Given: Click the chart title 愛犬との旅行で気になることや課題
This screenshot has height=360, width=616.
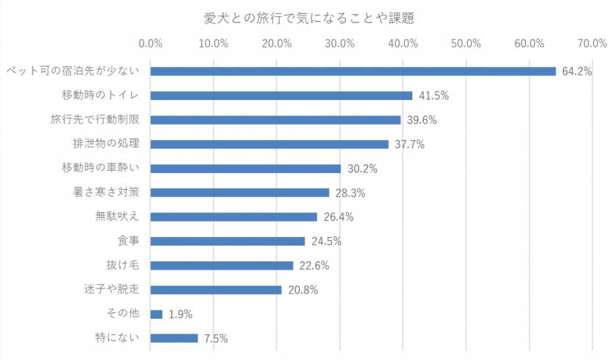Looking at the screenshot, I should click(308, 16).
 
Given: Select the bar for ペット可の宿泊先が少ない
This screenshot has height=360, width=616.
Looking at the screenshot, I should click(353, 71).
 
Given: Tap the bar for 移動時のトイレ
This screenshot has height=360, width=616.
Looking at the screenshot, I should click(281, 96).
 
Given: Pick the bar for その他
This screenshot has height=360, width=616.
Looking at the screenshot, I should click(156, 314).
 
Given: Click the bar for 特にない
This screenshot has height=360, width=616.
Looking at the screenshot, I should click(174, 339).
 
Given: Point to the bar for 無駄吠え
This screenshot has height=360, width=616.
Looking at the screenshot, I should click(233, 217).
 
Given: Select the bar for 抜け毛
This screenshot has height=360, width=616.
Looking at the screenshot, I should click(222, 266).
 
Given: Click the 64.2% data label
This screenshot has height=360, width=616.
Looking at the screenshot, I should click(577, 71).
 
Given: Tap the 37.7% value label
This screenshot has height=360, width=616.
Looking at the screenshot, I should click(410, 144).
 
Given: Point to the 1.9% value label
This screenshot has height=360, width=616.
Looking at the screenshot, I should click(180, 314).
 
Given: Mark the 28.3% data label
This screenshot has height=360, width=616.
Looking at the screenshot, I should click(350, 193).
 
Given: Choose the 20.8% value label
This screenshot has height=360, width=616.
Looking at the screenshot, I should click(303, 290).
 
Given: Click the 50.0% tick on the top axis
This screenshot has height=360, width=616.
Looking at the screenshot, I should click(467, 43).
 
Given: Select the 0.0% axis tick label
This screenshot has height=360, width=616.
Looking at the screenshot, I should click(150, 43).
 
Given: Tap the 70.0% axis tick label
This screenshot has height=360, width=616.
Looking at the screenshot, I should click(592, 43).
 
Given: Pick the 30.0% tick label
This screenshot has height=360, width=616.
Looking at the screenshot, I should click(340, 43).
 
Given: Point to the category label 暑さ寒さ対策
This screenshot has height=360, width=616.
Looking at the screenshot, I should click(106, 193).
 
